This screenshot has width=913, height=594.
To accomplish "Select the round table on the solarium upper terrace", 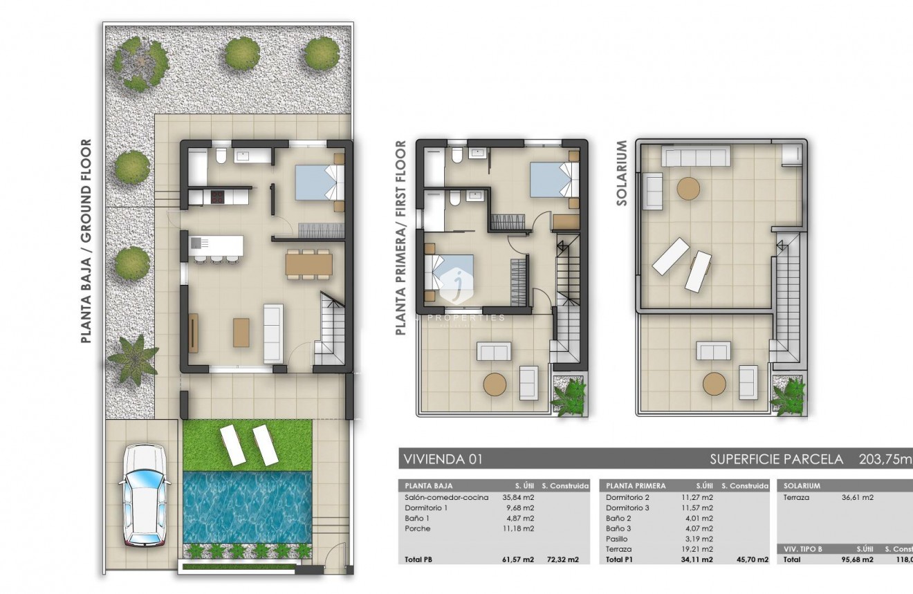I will point(688,188).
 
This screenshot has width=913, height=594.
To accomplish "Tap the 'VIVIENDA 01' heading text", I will point(440,459).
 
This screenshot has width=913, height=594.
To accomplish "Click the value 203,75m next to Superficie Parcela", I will point(885,459).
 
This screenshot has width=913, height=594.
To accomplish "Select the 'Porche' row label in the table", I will point(417,528).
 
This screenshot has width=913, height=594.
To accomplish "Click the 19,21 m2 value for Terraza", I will point(699,549).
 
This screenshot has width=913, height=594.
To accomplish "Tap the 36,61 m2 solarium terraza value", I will point(857,497).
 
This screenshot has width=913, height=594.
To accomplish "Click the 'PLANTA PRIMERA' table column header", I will point(636,485).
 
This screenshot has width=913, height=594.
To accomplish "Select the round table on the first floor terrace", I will point(495,384).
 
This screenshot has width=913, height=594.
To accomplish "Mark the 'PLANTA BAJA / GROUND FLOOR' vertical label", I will point(86,242).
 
